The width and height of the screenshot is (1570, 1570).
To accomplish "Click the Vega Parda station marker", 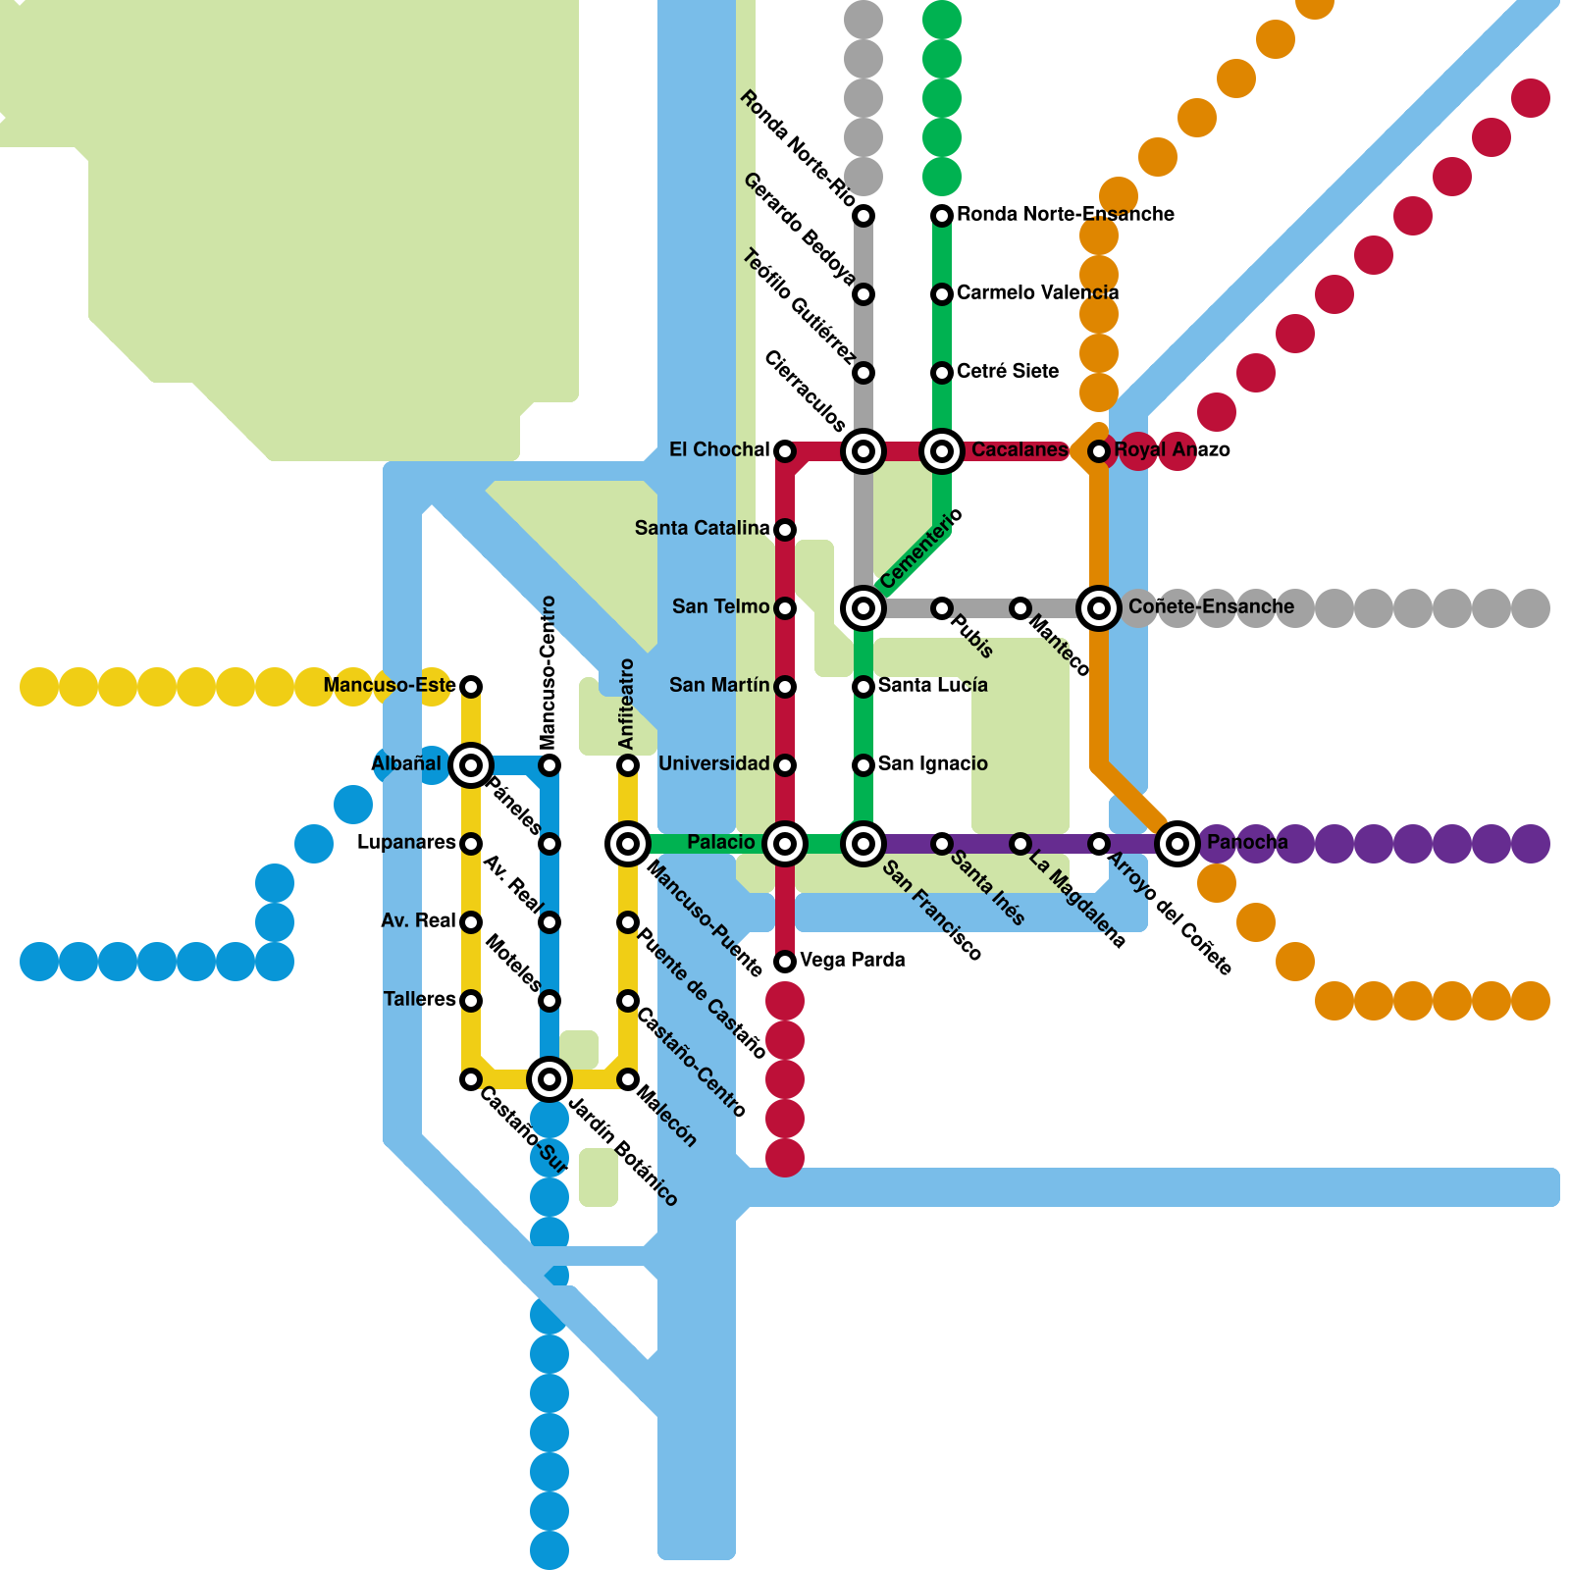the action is (785, 962).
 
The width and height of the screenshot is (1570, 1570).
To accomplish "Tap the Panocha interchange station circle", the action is (1177, 843).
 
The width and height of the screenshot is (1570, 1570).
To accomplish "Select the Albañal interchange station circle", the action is (471, 764).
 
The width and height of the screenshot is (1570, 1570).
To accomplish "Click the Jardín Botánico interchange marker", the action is (549, 1079).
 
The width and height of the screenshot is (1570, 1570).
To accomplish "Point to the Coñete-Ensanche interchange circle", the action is (1099, 608).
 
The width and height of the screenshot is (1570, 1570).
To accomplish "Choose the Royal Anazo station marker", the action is (1099, 451).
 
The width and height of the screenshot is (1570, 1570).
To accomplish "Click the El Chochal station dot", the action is (785, 451).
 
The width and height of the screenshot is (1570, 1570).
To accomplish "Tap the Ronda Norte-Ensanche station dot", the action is (942, 215).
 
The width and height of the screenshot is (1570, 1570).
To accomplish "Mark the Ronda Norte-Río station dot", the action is (863, 215).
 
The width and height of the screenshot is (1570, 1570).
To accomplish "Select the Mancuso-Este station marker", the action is (471, 686).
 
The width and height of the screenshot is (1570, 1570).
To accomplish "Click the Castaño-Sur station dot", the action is (471, 1079).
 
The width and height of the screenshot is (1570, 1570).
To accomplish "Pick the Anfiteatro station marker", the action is (628, 764).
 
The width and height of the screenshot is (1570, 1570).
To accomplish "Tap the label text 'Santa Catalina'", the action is (702, 529).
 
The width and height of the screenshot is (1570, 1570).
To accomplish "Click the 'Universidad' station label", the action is (713, 764).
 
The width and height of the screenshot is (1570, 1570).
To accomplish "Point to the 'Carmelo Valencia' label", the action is (1037, 293).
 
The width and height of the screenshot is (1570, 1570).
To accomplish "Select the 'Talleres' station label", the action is (420, 1000).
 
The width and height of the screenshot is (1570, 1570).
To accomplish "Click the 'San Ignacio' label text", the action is (932, 764).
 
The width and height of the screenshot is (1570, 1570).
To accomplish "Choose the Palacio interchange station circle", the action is (785, 843).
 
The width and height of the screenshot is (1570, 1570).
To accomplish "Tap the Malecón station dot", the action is (628, 1079).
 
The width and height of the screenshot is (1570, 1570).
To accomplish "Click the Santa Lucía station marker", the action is (863, 686).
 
